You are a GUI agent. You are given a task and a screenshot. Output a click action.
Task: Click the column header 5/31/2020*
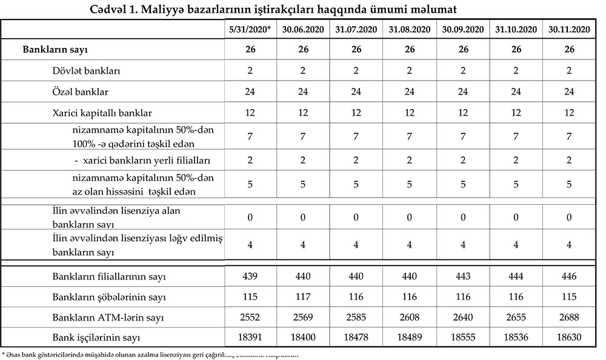click(x=250, y=29)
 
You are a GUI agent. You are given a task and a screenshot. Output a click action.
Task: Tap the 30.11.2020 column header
click(x=568, y=29)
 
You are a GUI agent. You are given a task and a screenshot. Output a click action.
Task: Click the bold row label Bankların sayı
click(x=59, y=50)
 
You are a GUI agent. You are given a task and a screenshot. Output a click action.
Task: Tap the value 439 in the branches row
click(x=250, y=277)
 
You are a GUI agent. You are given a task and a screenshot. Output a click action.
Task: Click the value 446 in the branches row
click(x=568, y=277)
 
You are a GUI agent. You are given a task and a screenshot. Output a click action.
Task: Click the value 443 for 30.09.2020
click(x=462, y=277)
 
